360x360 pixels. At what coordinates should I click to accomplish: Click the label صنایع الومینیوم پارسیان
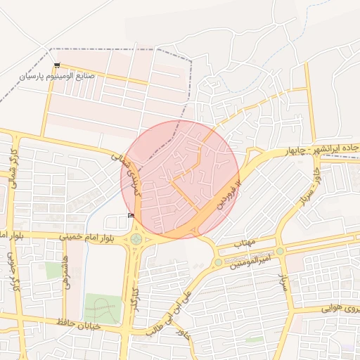56,75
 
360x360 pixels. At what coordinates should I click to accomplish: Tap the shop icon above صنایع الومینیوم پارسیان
57,65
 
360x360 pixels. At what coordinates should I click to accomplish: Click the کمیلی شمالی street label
129,168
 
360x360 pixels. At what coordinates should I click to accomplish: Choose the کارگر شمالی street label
12,168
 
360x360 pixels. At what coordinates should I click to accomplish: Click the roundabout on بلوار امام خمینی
136,239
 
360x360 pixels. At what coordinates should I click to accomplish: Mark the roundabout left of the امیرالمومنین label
219,262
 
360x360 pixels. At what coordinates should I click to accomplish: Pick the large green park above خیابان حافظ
103,308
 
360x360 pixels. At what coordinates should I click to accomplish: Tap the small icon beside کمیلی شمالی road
131,215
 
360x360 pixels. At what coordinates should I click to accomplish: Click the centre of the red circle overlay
180,179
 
